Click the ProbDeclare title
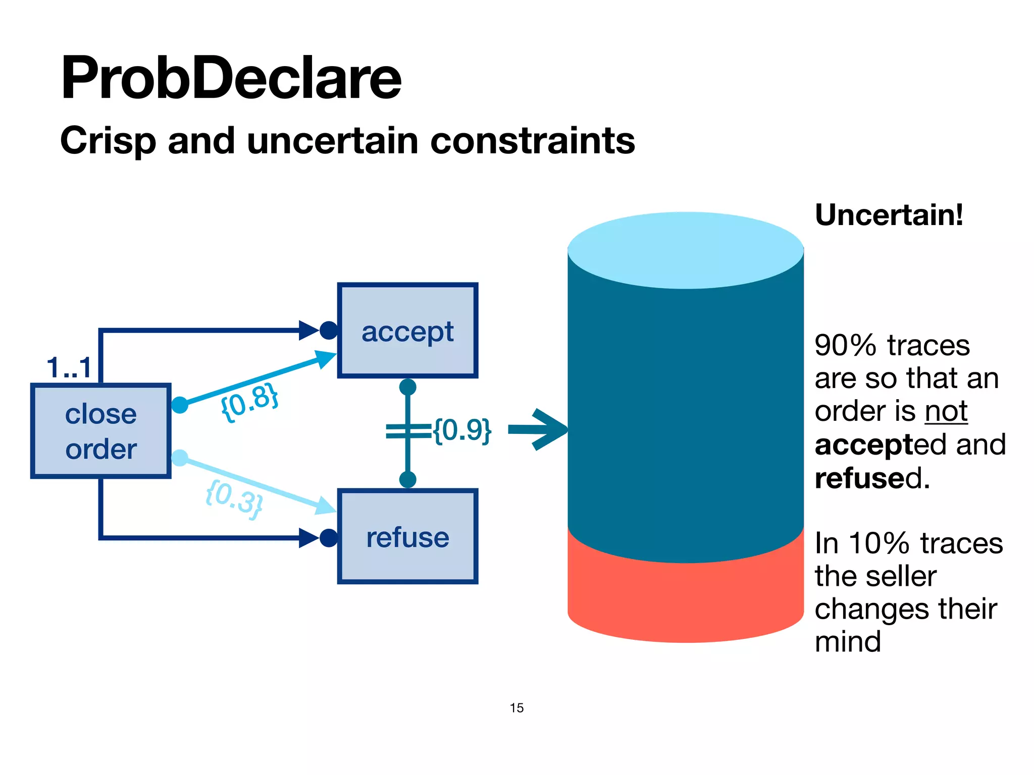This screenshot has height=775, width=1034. [x=231, y=78]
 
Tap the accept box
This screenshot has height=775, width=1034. [x=407, y=331]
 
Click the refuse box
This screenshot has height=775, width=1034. [x=407, y=537]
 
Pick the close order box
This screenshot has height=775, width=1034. [x=101, y=431]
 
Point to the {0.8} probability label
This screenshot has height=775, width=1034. [x=249, y=402]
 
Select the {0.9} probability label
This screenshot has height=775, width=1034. [x=462, y=430]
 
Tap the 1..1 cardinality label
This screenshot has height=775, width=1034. [x=69, y=367]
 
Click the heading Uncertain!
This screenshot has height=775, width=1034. [x=889, y=215]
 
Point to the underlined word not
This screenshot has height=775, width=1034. [x=946, y=411]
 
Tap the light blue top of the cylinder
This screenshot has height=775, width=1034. [x=685, y=250]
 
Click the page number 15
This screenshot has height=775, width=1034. [x=516, y=708]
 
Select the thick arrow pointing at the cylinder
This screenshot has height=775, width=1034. [x=538, y=429]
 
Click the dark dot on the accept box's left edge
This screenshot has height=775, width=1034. [x=329, y=330]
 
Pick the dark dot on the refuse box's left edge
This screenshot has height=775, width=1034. [x=329, y=538]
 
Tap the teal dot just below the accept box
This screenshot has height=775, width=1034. [x=407, y=387]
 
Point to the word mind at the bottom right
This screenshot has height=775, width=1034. [x=848, y=642]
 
